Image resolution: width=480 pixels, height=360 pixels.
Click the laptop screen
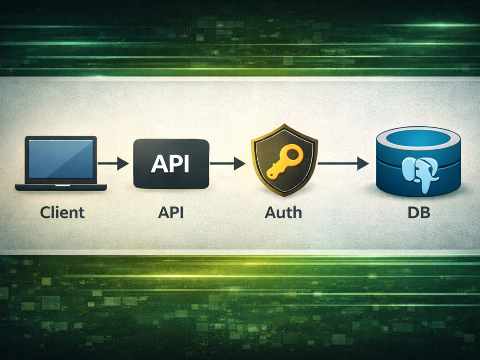click(60, 159)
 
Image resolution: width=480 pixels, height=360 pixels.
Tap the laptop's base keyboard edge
click(61, 187)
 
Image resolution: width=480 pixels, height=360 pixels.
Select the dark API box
click(171, 164)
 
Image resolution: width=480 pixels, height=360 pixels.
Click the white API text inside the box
click(170, 164)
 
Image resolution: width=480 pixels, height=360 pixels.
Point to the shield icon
click(284, 160)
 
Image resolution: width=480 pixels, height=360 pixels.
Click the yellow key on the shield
click(285, 161)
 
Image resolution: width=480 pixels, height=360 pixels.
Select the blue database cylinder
click(419, 161)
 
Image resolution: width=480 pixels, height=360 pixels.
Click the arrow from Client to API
click(113, 164)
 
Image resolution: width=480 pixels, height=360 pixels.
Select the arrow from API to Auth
click(228, 164)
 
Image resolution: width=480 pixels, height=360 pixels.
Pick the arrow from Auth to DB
click(343, 164)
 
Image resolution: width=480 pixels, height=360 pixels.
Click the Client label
click(62, 213)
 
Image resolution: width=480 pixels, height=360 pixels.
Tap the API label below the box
click(171, 213)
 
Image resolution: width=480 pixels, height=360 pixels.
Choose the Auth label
click(283, 213)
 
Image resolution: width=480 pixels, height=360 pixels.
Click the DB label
click(419, 213)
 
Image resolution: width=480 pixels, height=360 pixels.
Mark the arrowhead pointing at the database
click(363, 164)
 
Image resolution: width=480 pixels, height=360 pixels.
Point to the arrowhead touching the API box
click(123, 164)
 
